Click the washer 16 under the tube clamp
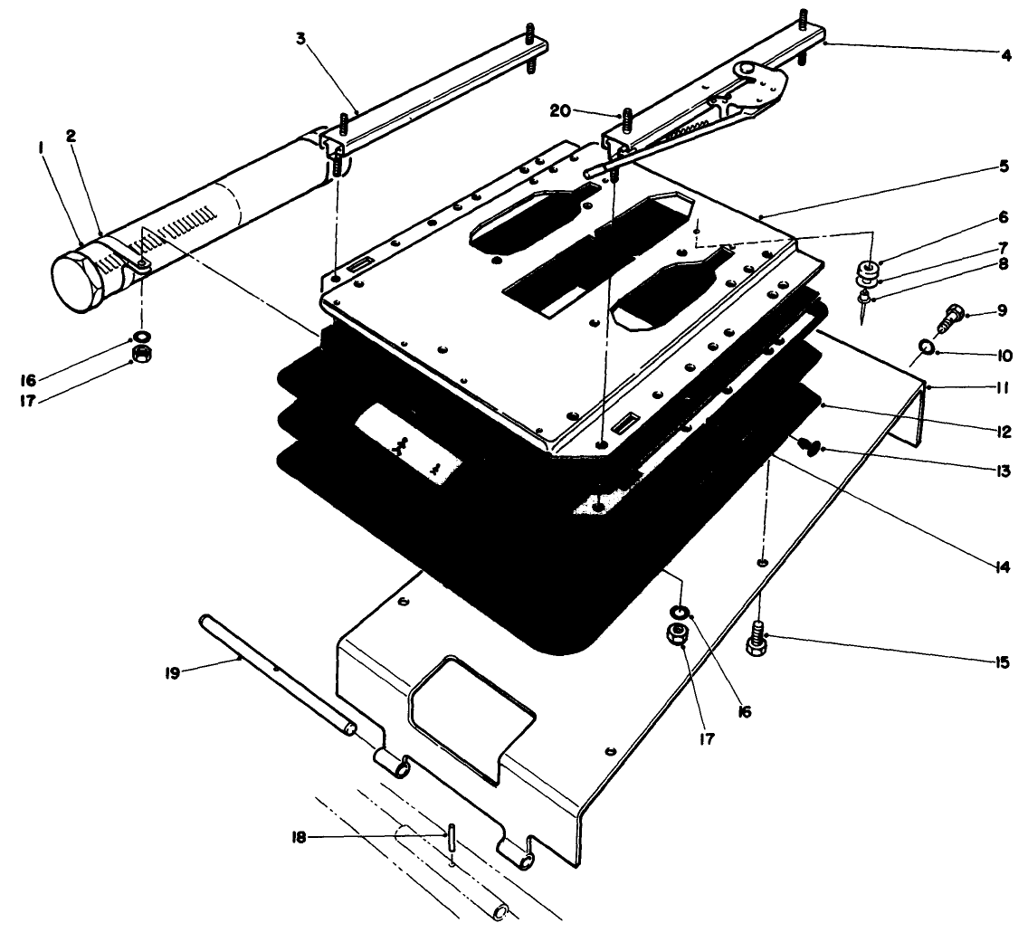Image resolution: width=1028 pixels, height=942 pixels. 141,337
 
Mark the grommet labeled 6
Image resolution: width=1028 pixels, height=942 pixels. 870,270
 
